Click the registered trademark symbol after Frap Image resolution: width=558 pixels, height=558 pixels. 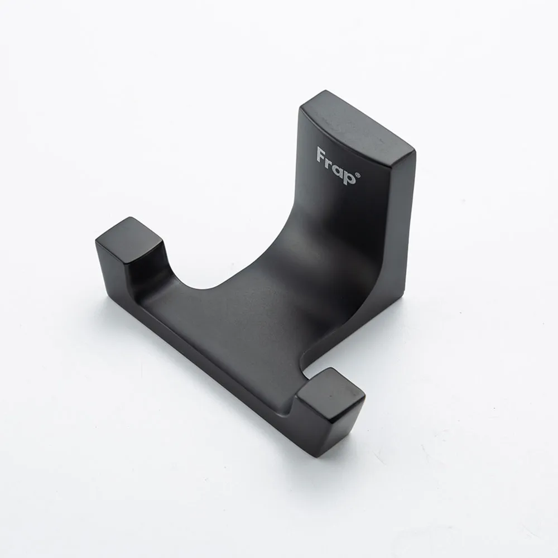pos(358,175)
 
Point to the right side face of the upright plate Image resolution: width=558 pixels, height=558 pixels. pos(403,228)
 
